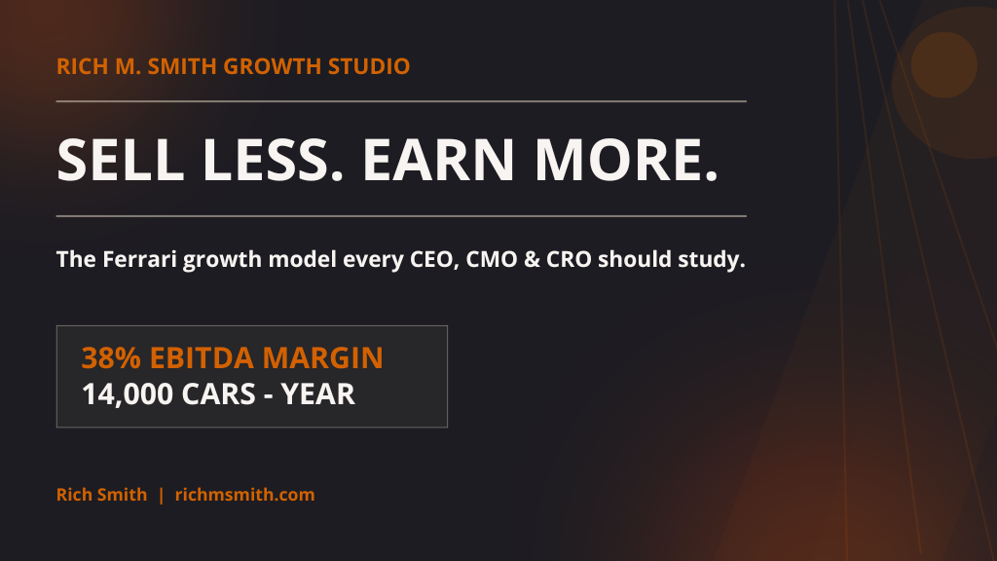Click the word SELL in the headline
120,160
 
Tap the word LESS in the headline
274,160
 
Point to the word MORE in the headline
626,160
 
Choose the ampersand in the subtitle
532,259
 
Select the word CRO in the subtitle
569,259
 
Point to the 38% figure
111,358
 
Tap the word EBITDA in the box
203,358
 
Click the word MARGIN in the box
323,358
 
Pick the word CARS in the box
218,394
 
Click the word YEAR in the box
318,394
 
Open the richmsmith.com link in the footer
244,495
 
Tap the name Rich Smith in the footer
101,495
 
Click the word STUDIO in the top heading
369,67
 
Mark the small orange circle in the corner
944,65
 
